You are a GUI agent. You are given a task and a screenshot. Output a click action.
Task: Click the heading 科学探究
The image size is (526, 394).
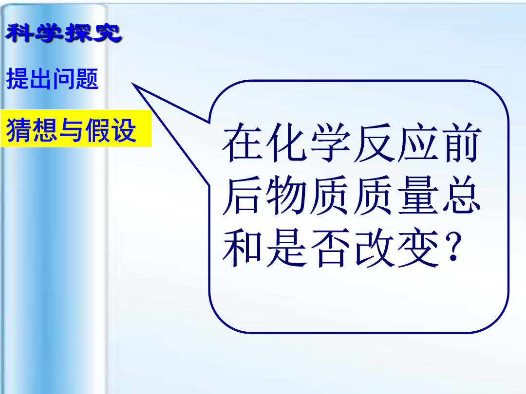pos(64,33)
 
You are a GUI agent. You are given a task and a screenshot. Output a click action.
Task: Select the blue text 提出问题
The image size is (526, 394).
pos(52,79)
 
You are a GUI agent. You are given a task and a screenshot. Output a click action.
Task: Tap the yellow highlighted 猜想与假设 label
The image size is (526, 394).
pos(71,129)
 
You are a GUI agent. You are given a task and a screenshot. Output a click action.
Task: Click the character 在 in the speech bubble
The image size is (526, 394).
pos(243,142)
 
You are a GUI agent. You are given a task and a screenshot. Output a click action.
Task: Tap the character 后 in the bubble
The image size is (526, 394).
pos(243,195)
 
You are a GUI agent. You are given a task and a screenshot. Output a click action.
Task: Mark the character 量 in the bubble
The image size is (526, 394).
pos(418,195)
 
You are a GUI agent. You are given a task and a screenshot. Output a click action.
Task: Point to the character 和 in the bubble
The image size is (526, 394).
pos(243,248)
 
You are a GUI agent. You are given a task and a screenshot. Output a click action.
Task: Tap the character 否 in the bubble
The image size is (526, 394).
pos(331,248)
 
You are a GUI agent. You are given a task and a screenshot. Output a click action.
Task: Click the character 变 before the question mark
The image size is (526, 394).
pos(418,248)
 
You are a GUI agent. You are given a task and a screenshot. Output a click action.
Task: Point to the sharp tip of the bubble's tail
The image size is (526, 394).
pos(132,83)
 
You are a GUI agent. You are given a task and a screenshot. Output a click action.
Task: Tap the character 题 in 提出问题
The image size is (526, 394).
pos(87,79)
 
